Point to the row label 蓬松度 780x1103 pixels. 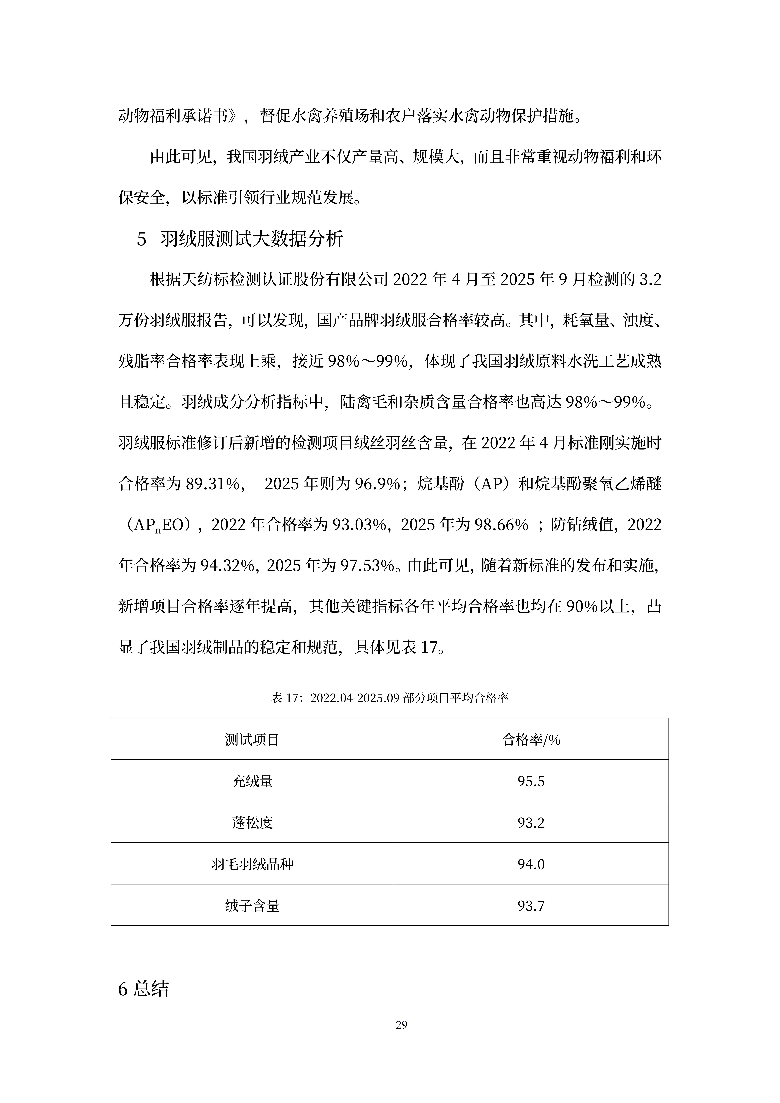(252, 823)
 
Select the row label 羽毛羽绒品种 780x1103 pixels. (252, 865)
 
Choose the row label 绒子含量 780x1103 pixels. (252, 906)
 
